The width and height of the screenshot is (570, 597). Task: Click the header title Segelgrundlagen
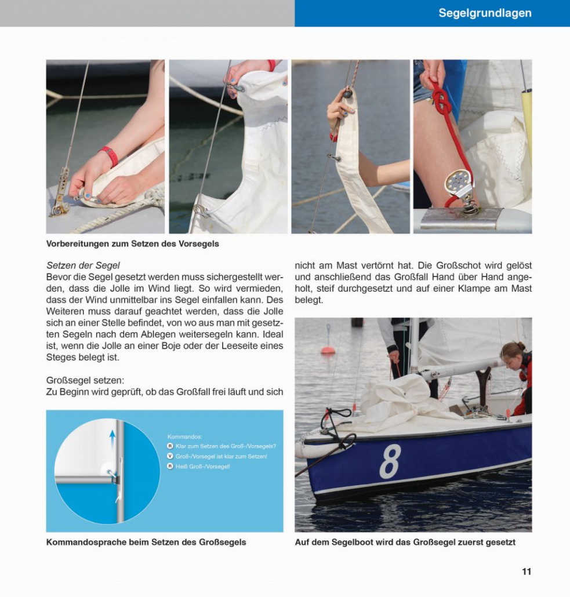click(485, 13)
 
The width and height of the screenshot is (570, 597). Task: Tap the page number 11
click(526, 571)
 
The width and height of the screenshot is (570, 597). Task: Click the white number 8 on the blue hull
click(390, 461)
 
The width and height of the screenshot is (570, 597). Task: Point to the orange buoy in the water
click(328, 350)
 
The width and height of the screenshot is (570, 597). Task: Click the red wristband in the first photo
click(109, 155)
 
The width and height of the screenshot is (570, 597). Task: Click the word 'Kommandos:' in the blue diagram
click(184, 436)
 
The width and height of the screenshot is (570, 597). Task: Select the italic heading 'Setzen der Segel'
click(83, 265)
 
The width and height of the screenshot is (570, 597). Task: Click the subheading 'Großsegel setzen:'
click(85, 380)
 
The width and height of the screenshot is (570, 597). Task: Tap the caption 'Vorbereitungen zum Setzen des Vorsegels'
click(132, 244)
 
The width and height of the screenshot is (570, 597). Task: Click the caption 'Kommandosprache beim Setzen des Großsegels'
click(146, 543)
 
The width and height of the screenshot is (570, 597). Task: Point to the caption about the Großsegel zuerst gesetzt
click(405, 543)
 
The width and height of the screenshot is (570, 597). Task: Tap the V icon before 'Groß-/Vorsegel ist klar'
click(170, 456)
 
